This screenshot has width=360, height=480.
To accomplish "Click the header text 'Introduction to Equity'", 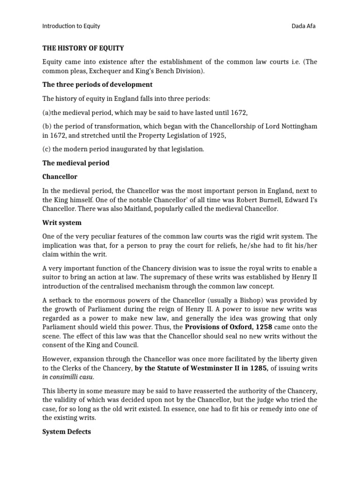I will pos(71,26).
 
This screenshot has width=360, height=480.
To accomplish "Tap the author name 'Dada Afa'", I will pos(304,26).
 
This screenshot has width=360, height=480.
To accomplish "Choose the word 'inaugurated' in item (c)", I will pos(131,149).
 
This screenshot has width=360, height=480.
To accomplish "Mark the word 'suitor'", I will pos(52,277).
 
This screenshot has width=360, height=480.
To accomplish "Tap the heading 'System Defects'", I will pos(67,432).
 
